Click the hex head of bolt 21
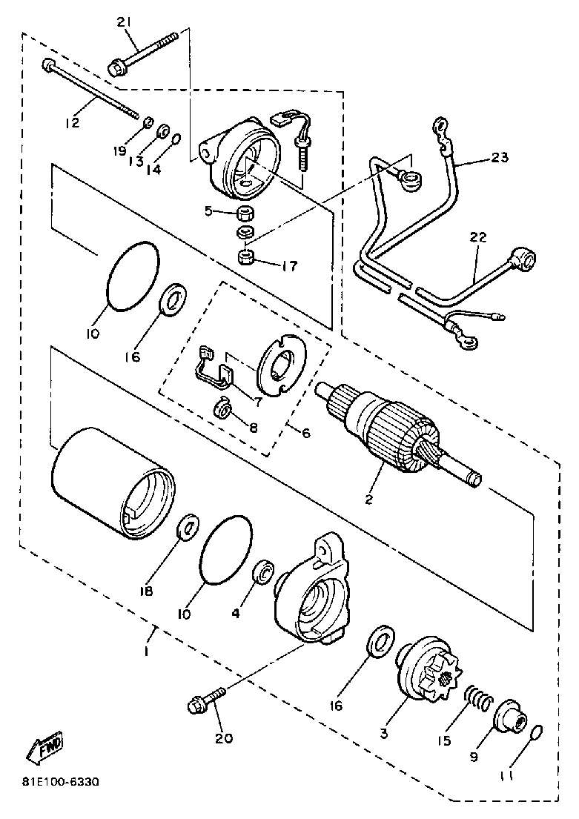pos(117,69)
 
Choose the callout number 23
pos(500,157)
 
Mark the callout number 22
pos(478,237)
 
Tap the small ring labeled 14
pos(176,141)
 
